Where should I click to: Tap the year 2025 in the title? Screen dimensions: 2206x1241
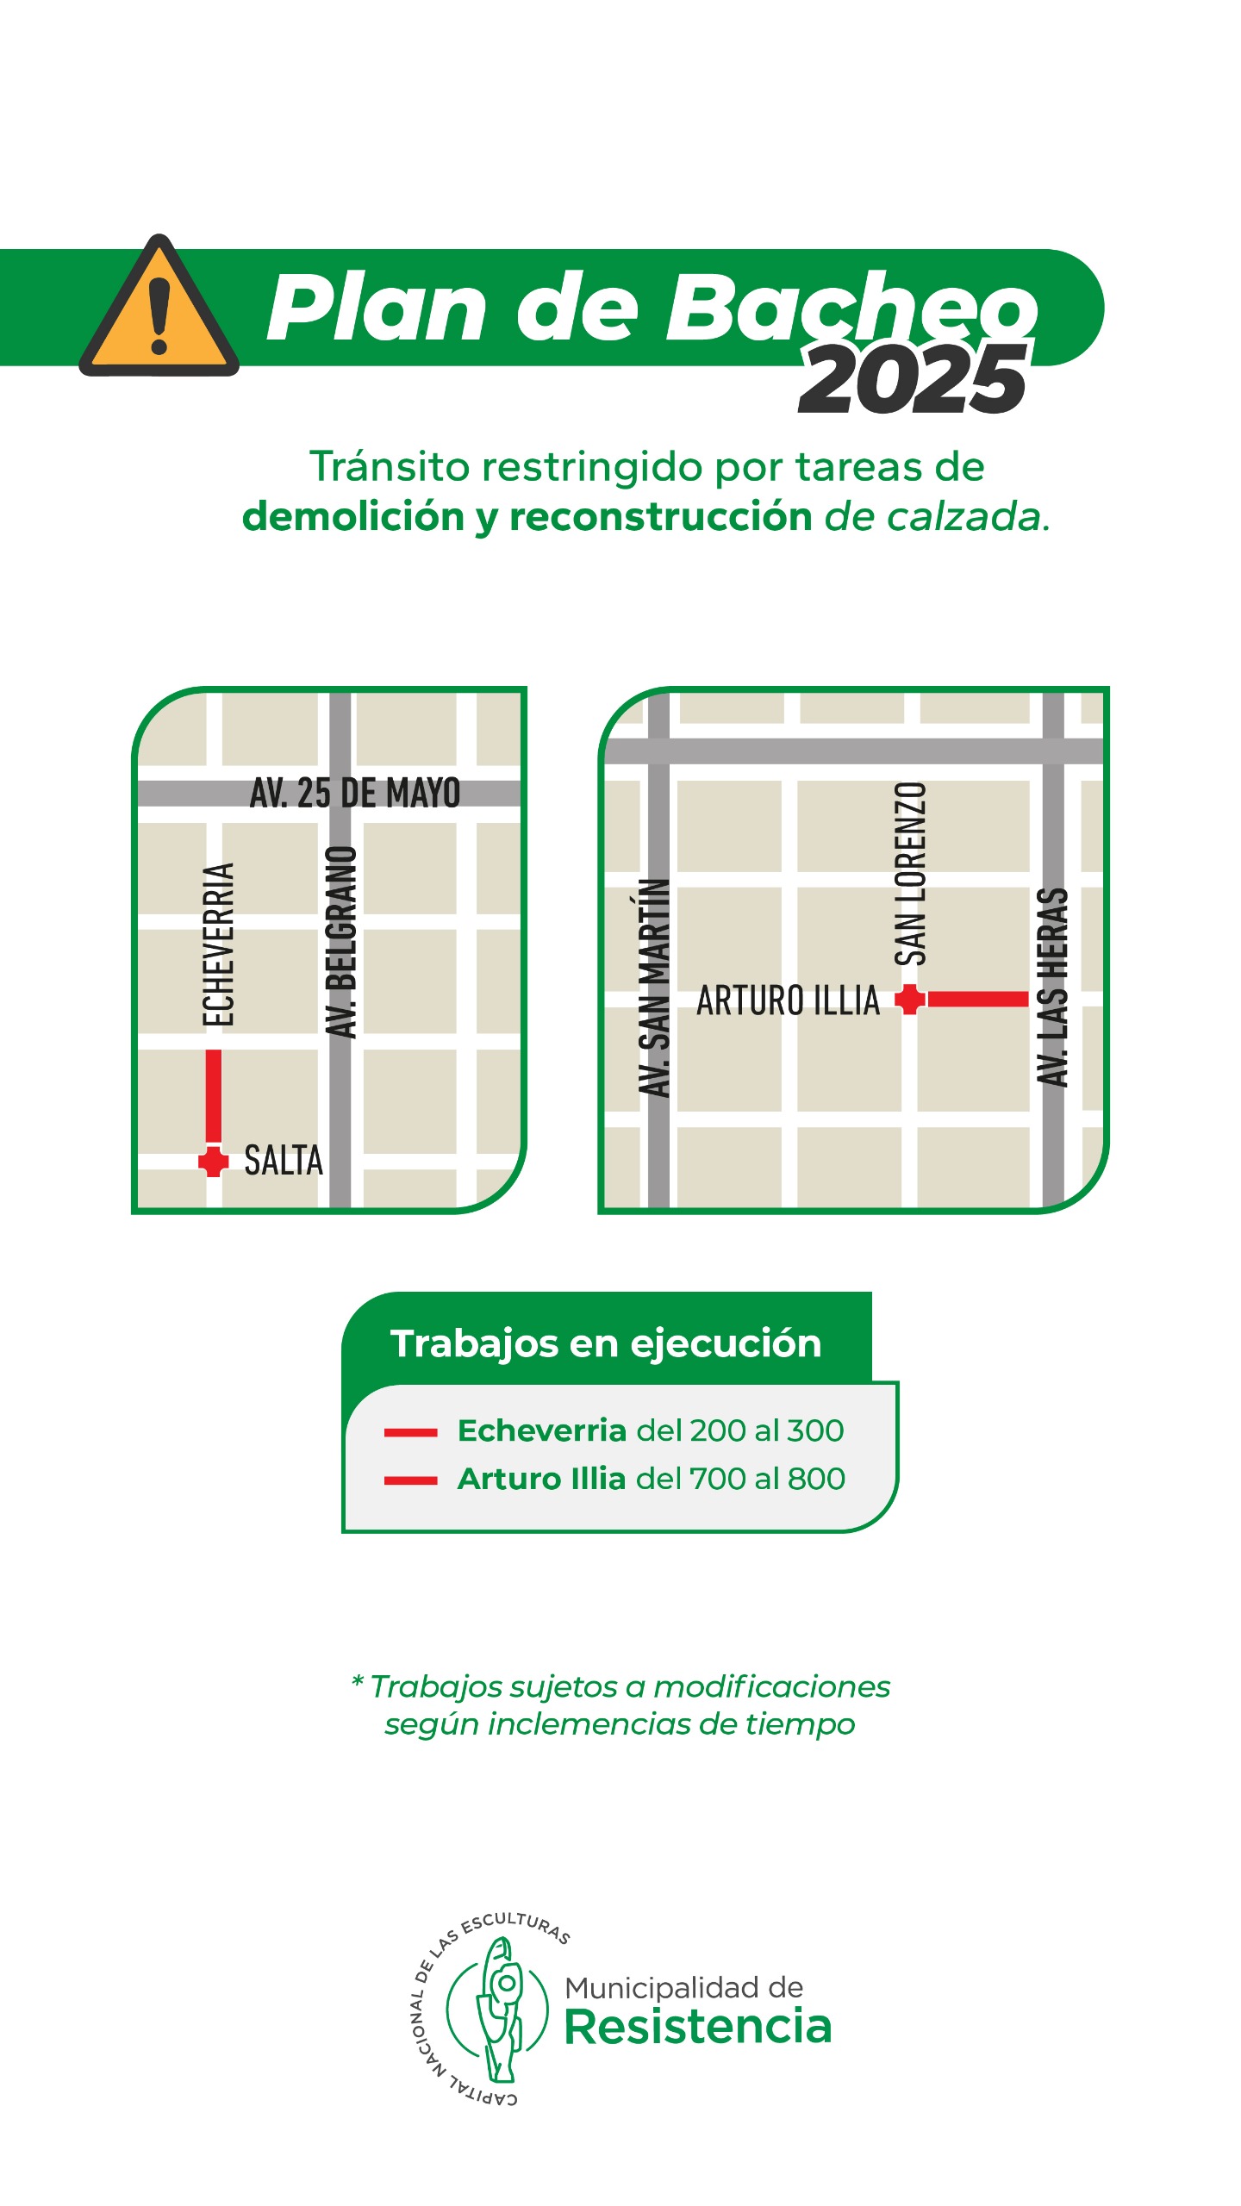click(x=914, y=379)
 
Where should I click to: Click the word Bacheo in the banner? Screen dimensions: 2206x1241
click(x=853, y=308)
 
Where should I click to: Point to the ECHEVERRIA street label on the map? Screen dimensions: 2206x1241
click(x=219, y=944)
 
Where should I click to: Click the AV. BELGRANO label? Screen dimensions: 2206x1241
click(x=341, y=942)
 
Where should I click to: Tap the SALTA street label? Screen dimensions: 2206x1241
click(x=284, y=1161)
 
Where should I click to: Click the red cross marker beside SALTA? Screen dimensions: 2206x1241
click(x=213, y=1161)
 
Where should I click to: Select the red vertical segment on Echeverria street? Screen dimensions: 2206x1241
click(x=213, y=1096)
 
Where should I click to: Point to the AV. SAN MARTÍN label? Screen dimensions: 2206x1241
click(x=655, y=988)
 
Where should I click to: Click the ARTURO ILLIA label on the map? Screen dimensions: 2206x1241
click(x=788, y=1000)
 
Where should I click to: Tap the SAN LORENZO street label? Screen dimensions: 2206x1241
click(x=911, y=874)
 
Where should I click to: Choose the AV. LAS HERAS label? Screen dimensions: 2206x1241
click(x=1052, y=988)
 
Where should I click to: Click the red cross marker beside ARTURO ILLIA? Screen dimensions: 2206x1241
click(x=909, y=1000)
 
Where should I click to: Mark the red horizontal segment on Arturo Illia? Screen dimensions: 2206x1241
click(x=977, y=1000)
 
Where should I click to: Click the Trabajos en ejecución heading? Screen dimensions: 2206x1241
click(x=606, y=1343)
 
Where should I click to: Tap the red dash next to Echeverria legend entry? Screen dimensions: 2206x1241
click(x=411, y=1432)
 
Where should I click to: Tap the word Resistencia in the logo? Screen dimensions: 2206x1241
click(x=698, y=2027)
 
